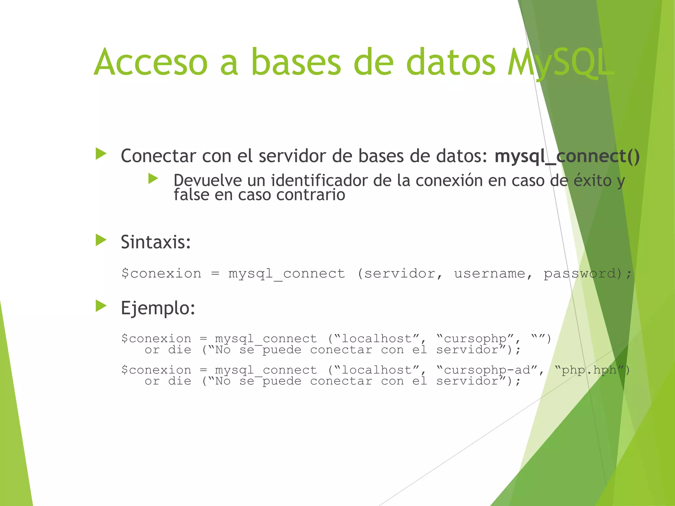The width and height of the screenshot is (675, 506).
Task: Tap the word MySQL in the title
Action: click(x=560, y=63)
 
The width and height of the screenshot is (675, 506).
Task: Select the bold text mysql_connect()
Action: click(x=567, y=156)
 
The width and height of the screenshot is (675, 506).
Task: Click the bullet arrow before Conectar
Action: click(x=101, y=154)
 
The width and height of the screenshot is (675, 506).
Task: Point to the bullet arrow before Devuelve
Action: click(x=153, y=179)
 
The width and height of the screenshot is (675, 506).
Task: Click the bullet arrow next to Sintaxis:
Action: click(x=101, y=240)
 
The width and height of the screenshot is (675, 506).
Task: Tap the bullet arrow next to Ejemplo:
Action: click(x=101, y=306)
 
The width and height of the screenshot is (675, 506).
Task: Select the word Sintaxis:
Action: click(x=156, y=242)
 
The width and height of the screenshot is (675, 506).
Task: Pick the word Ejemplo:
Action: click(x=158, y=308)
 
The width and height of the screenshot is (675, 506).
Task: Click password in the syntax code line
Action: click(x=580, y=274)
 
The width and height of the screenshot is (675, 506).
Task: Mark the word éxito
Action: click(x=593, y=181)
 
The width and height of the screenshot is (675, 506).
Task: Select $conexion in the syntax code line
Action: click(x=161, y=274)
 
